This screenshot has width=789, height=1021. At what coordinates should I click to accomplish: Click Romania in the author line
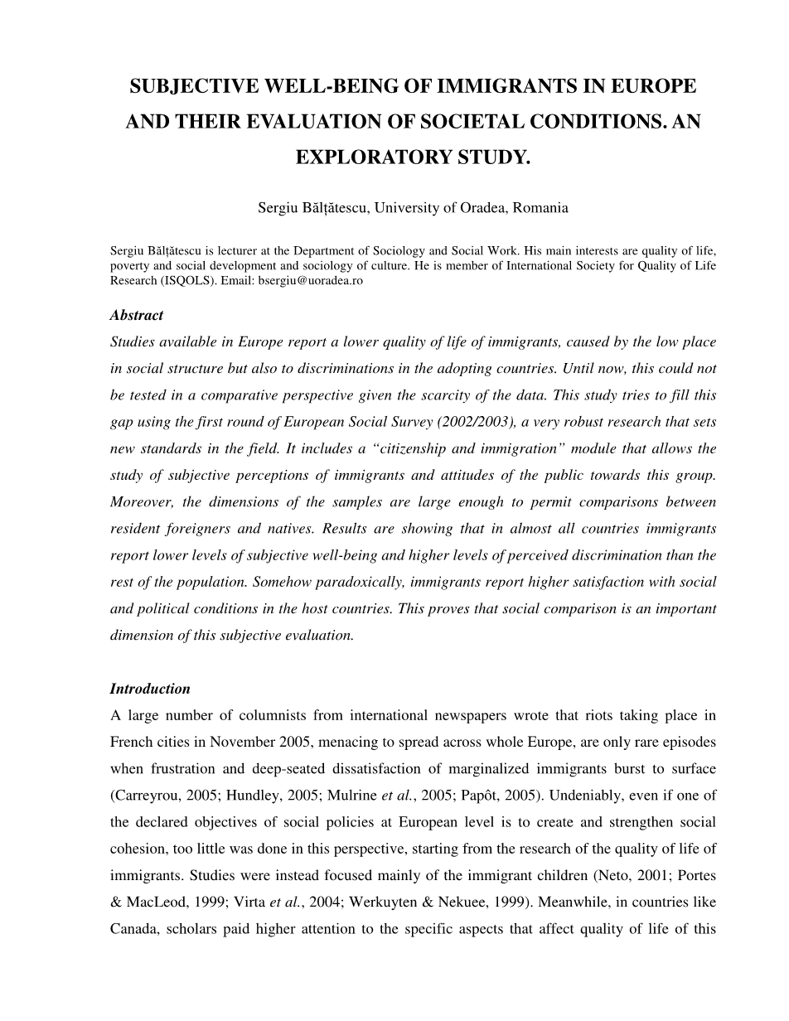540,208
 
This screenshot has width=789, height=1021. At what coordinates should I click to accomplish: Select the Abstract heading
137,315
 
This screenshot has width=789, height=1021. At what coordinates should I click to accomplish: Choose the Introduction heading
150,689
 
